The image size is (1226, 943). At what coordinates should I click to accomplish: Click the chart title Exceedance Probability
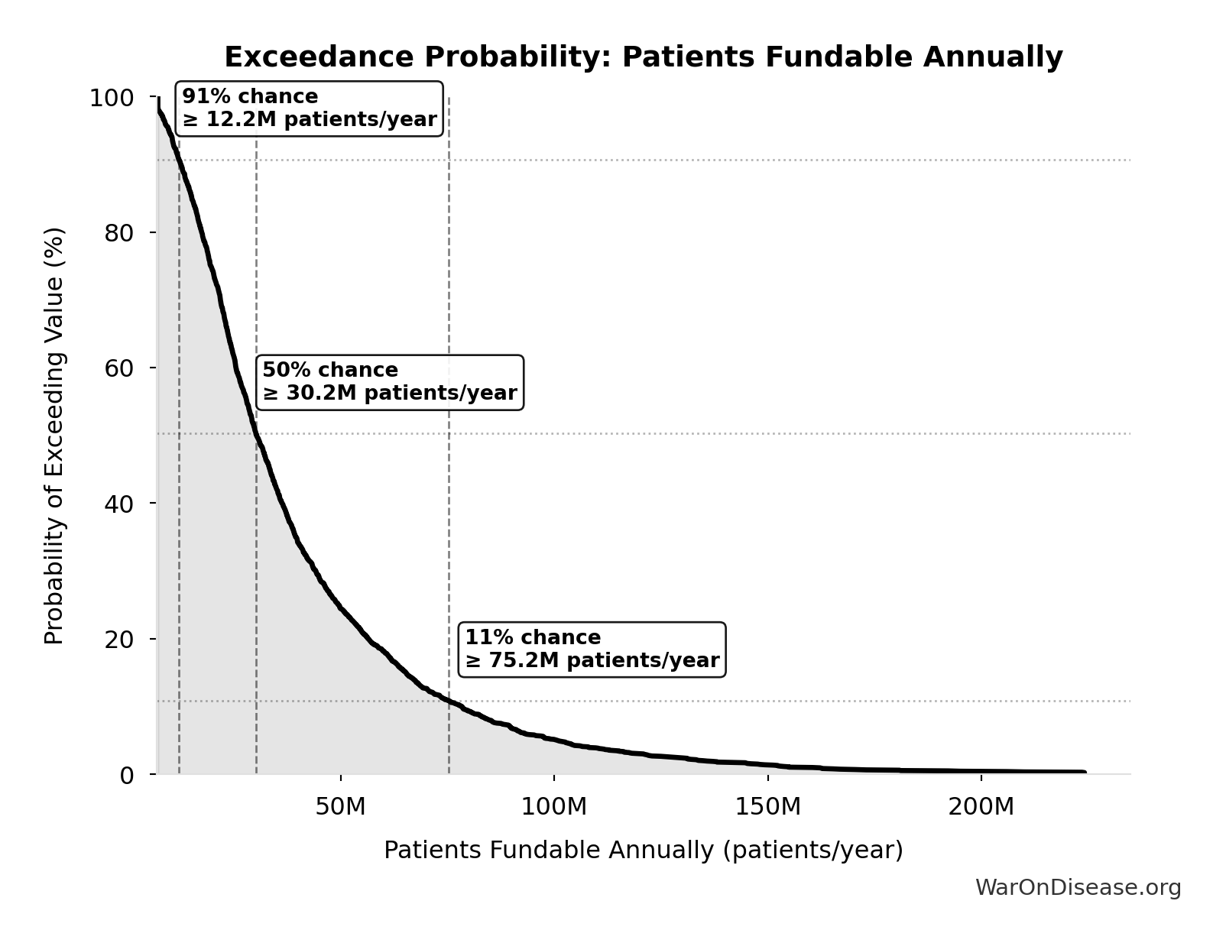pos(643,57)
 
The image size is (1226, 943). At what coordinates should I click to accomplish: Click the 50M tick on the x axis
pos(340,806)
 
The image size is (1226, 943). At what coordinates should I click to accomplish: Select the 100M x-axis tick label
pos(553,806)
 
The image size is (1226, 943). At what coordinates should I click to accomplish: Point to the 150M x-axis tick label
pos(767,806)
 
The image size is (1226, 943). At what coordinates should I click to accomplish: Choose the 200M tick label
pos(981,806)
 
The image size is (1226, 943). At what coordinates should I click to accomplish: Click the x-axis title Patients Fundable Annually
pos(643,850)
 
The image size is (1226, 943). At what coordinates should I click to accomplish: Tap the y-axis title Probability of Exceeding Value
pos(54,436)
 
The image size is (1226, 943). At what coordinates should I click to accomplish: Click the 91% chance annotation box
pos(309,109)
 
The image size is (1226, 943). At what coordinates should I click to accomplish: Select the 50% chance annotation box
pos(389,382)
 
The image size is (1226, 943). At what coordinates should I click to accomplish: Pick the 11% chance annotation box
pos(592,649)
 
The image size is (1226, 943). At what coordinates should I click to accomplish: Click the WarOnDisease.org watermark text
pos(1078,887)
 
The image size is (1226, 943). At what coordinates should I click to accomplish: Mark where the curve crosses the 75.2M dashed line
pos(449,701)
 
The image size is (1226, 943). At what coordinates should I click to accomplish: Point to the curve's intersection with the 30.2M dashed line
pos(256,433)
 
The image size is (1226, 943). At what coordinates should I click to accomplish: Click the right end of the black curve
pos(1083,772)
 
